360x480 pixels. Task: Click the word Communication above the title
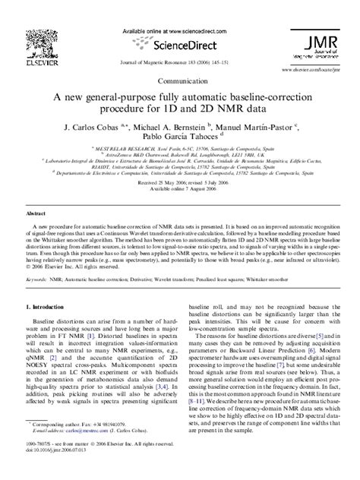[180, 79]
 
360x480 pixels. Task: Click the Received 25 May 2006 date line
[180, 183]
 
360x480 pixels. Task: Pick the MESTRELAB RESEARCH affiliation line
[179, 150]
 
